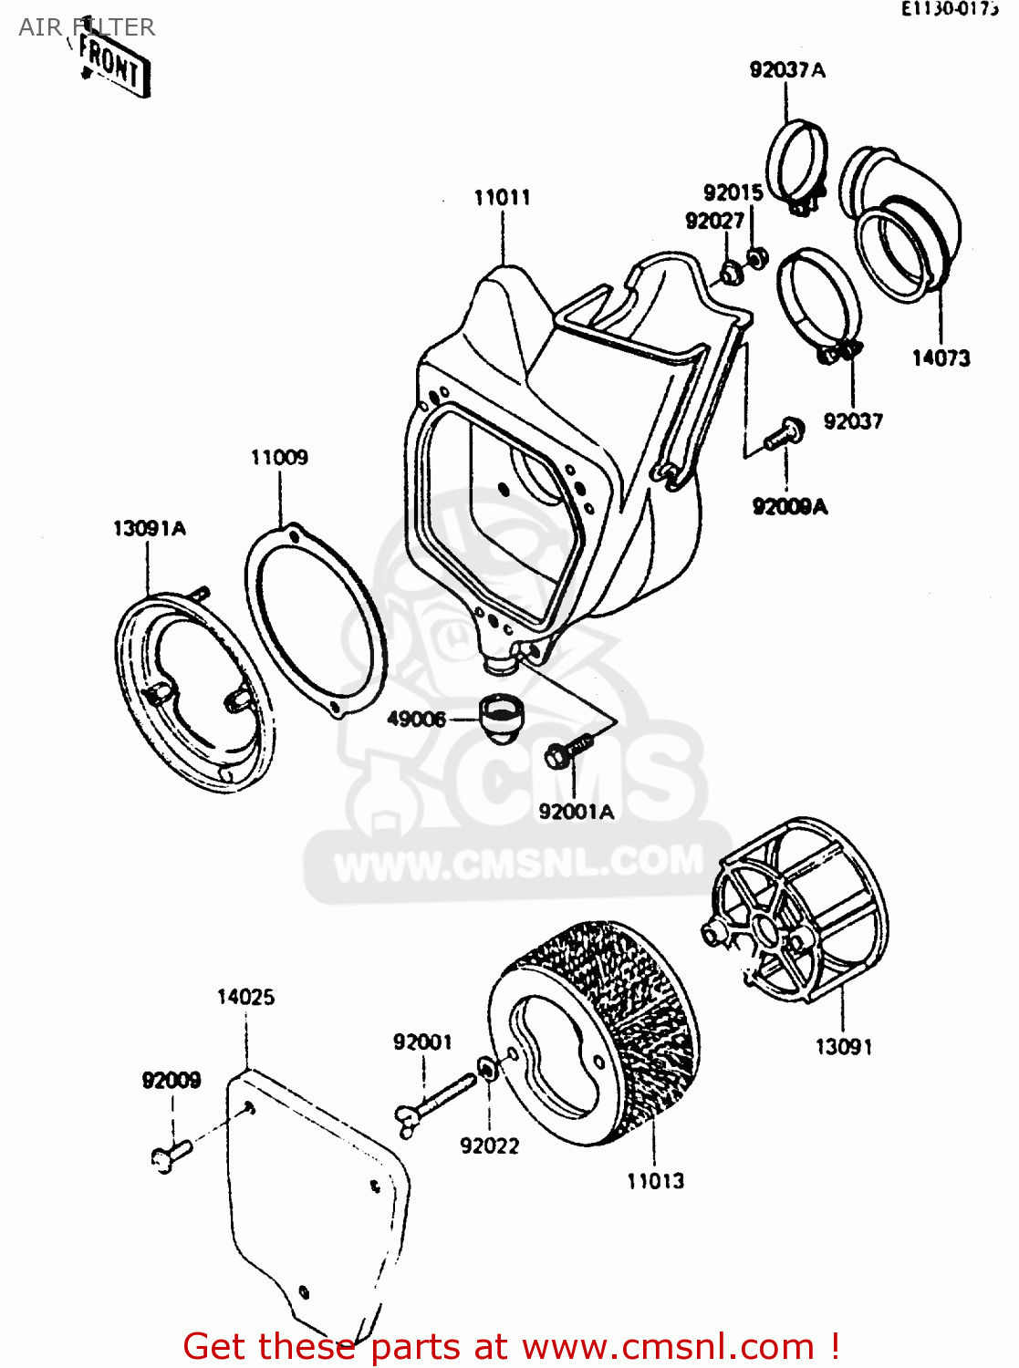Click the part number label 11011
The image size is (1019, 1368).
coord(502,197)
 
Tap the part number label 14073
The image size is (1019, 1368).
coord(941,358)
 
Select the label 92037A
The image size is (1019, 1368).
coord(787,70)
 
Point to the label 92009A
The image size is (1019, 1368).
coord(790,506)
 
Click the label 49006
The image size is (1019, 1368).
coord(416,719)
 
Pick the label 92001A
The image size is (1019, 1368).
coord(576,811)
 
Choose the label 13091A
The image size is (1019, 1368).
coord(149,528)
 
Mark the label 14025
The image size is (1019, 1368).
coord(245,997)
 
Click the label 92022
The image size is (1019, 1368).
coord(489,1145)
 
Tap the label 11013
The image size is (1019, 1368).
coord(655,1181)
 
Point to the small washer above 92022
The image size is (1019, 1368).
coord(488,1067)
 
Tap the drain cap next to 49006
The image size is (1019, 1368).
coord(500,717)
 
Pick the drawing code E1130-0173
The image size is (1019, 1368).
coord(949,10)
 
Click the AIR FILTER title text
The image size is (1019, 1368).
coord(87,27)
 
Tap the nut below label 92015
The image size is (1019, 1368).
coord(756,258)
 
